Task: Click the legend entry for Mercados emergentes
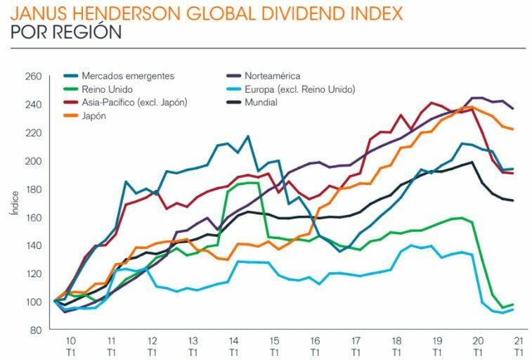(127, 76)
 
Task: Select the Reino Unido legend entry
(104, 89)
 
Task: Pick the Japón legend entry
(95, 116)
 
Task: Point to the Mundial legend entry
(262, 103)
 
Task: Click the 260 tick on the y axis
(34, 76)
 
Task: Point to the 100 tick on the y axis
(34, 302)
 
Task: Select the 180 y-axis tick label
(34, 189)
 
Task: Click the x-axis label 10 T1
(70, 345)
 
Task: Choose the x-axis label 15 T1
(274, 345)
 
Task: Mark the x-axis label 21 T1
(518, 345)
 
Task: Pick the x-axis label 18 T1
(396, 345)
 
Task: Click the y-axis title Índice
(15, 202)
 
